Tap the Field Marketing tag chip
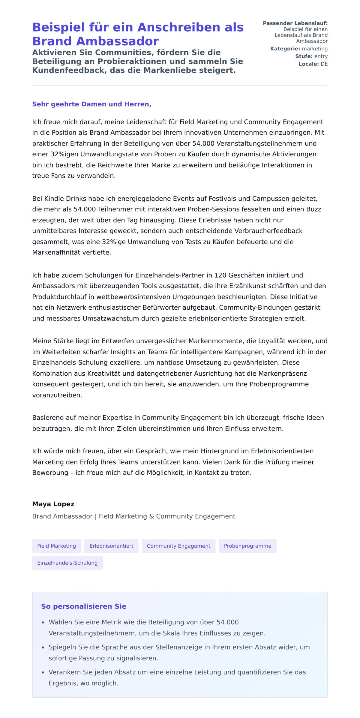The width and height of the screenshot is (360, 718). [x=56, y=546]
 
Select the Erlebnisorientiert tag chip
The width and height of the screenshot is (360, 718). [x=111, y=546]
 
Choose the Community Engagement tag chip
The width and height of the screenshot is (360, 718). [x=178, y=546]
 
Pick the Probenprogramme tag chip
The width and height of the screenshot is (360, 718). [x=247, y=546]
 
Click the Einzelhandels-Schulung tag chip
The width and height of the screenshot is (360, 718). [x=67, y=563]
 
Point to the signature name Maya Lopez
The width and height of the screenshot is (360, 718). [x=53, y=504]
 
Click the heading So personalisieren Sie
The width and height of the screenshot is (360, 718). [x=84, y=606]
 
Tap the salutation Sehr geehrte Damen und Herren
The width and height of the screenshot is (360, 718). [x=91, y=104]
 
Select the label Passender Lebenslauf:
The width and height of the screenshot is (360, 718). [x=295, y=23]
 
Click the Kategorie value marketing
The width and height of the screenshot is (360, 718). [x=315, y=49]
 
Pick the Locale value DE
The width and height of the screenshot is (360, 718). [x=324, y=64]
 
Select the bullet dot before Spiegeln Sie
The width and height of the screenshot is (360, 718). [x=43, y=648]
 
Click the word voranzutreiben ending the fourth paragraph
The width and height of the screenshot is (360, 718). [x=57, y=395]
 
